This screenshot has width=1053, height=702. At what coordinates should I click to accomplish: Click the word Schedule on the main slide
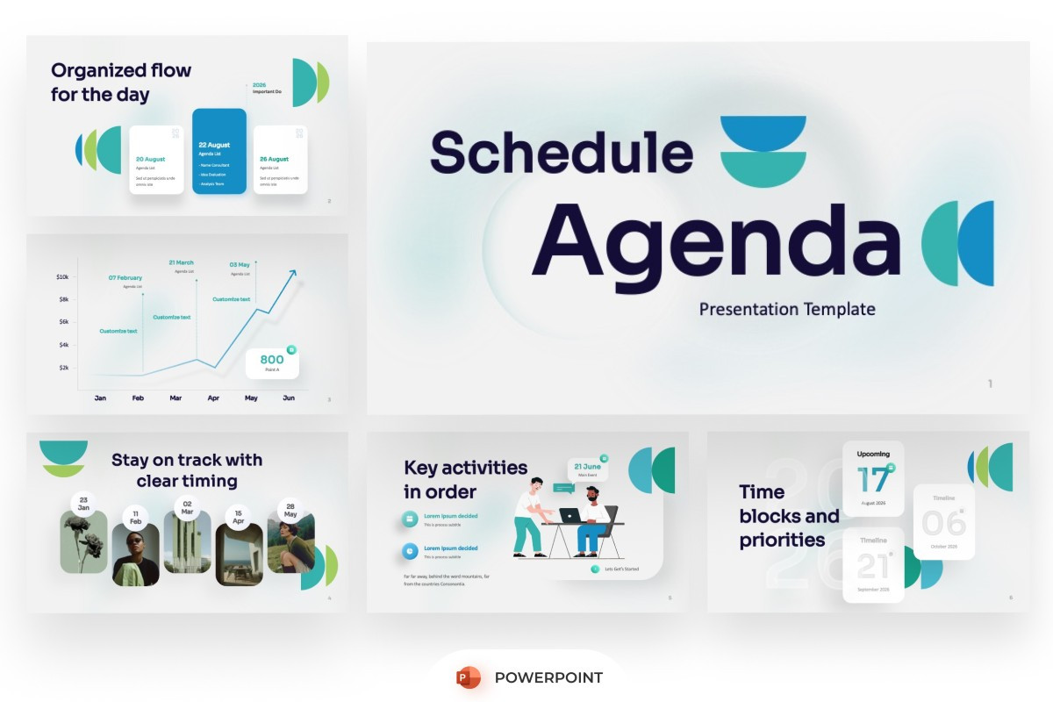(x=561, y=152)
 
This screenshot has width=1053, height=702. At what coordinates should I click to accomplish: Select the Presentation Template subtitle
(x=787, y=309)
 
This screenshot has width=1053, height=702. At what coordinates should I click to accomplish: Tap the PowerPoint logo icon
(x=469, y=677)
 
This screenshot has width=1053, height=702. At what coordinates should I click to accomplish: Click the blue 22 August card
(x=218, y=151)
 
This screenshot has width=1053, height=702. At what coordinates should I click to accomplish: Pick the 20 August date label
(x=150, y=159)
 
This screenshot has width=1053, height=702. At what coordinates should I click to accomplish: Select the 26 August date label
(x=274, y=159)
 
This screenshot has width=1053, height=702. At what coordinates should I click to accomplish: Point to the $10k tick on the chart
(x=62, y=277)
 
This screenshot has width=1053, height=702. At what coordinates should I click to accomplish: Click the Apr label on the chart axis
(x=213, y=398)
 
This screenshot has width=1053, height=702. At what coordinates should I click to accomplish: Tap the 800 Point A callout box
(x=272, y=363)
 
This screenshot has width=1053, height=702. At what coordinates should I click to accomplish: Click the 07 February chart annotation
(x=125, y=278)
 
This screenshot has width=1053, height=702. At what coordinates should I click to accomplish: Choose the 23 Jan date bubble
(x=83, y=504)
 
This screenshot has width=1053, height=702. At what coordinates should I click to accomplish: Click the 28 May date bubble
(x=290, y=509)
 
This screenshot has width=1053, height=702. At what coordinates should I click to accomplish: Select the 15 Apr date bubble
(x=239, y=517)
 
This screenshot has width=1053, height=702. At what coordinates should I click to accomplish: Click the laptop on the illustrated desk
(x=569, y=515)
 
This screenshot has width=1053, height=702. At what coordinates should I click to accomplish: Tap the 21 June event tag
(x=587, y=469)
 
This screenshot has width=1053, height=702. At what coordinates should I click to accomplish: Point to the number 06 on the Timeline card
(x=943, y=524)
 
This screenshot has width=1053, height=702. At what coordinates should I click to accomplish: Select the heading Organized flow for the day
(x=121, y=82)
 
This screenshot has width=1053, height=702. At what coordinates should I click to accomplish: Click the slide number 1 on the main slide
(x=990, y=383)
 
